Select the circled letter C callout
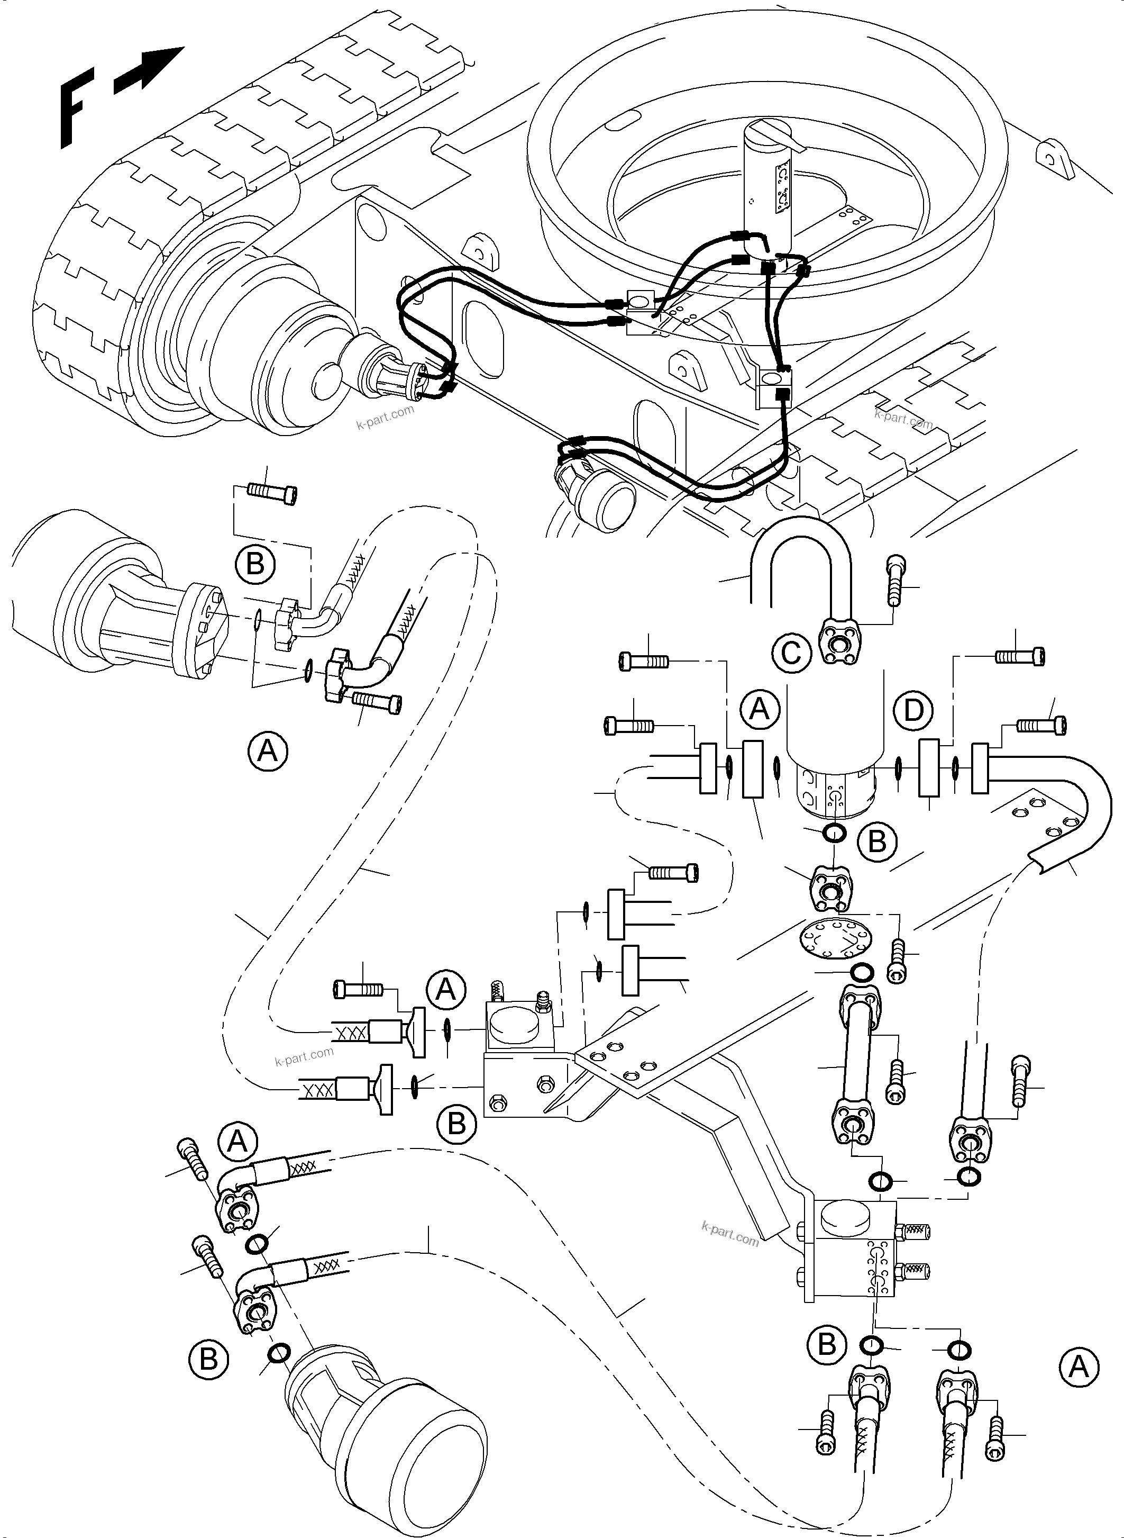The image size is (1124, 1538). tap(791, 654)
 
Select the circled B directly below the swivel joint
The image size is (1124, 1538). tap(877, 842)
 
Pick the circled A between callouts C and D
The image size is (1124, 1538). tap(760, 709)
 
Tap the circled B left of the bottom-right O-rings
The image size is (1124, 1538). tap(827, 1345)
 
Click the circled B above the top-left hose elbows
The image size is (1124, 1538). tap(254, 564)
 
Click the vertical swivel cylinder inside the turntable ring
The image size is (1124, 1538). tap(770, 184)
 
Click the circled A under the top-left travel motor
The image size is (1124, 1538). tap(268, 751)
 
